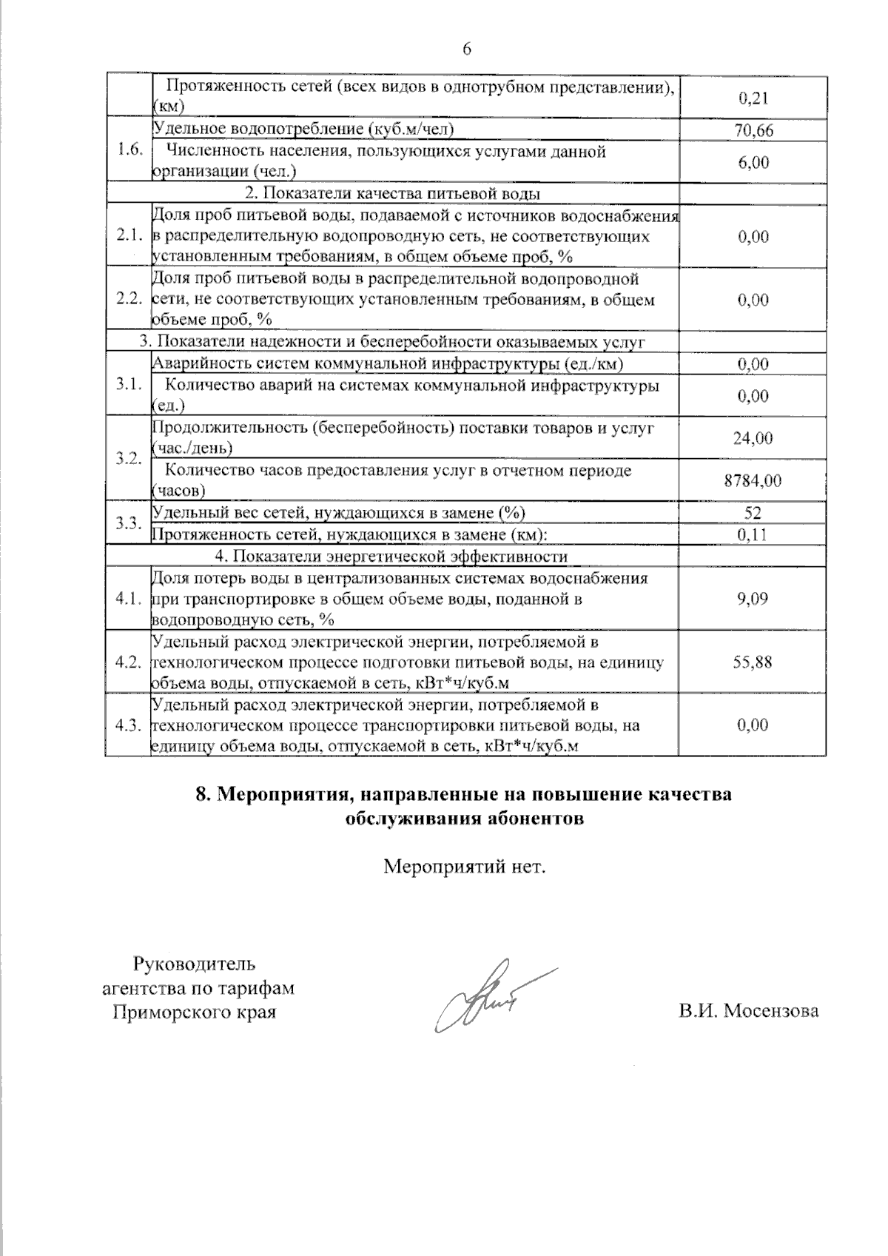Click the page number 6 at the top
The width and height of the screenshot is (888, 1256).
[466, 49]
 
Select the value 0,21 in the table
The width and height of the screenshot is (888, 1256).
[753, 97]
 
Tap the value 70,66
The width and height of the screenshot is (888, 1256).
[753, 131]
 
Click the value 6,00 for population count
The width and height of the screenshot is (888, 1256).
[753, 162]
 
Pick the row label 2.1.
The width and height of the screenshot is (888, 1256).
[129, 236]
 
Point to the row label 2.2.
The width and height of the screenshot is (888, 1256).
[129, 300]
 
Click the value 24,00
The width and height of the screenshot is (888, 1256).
[753, 438]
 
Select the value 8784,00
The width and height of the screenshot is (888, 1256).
[753, 480]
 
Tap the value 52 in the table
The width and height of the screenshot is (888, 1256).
[753, 513]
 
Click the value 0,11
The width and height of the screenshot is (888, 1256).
[753, 534]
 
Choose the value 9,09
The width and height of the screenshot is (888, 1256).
[753, 598]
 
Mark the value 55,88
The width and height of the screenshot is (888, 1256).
[753, 662]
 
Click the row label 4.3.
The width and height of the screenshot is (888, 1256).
[129, 725]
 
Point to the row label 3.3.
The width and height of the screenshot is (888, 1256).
[129, 523]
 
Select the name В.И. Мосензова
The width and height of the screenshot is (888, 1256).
[749, 1011]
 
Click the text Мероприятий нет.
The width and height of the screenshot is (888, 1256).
[465, 866]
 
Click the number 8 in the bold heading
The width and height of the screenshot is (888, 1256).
[201, 796]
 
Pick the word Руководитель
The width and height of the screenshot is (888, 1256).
[195, 964]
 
